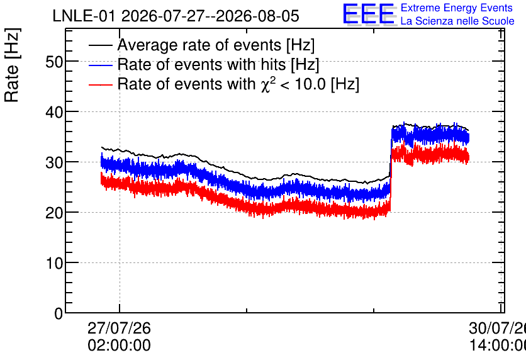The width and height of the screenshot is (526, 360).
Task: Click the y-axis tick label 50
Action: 54,62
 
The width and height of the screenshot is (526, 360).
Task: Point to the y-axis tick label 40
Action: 54,112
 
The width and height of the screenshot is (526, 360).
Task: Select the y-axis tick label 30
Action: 54,162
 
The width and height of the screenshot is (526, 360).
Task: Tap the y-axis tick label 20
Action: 54,213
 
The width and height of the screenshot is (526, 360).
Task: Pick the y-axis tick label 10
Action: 54,263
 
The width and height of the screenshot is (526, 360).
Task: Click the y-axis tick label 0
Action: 59,313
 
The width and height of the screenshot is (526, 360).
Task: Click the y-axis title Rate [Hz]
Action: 12,65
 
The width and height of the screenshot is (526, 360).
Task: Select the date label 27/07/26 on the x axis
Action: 119,328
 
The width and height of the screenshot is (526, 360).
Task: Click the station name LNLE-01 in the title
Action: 84,16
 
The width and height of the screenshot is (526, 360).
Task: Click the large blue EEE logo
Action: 368,14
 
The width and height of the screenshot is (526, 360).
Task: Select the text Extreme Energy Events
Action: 457,8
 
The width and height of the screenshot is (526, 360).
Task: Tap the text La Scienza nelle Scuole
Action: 457,21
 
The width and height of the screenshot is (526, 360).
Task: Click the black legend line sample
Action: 100,45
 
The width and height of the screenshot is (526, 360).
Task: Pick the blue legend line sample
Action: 100,65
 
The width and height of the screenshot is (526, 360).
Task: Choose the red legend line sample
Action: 100,84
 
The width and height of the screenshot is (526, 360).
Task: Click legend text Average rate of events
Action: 199,45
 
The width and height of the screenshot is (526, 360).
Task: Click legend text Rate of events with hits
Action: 201,64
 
